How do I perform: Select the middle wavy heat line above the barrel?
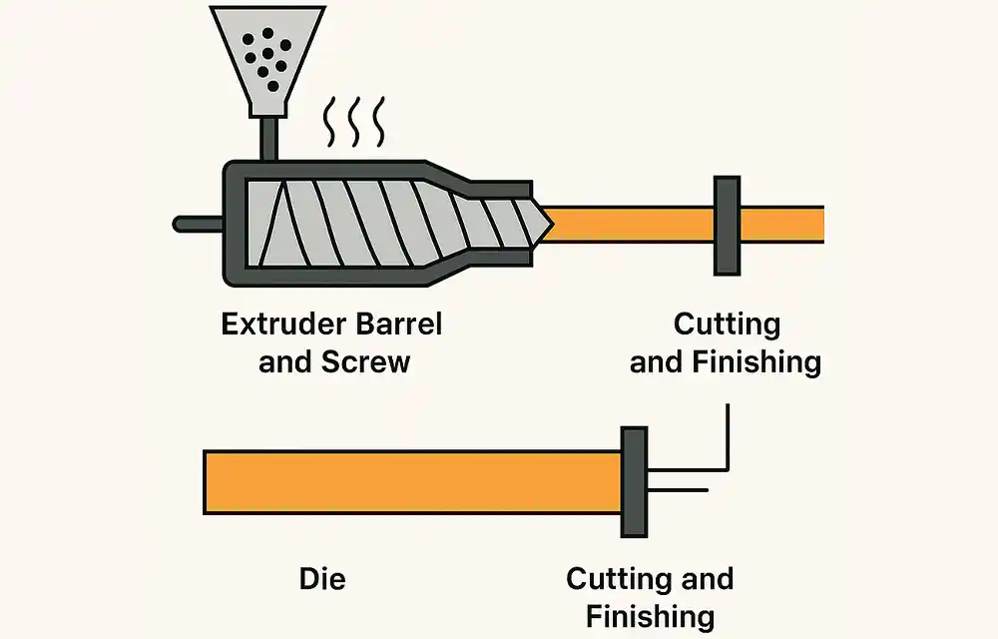[x=354, y=122]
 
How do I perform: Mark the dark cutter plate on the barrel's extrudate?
[x=727, y=225]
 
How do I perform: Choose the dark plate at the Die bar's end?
[x=634, y=482]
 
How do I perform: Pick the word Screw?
[x=366, y=360]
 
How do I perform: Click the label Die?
[x=322, y=578]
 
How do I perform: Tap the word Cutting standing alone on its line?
[x=727, y=324]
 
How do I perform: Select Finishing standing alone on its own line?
[x=650, y=615]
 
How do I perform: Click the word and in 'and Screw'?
[x=285, y=360]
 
